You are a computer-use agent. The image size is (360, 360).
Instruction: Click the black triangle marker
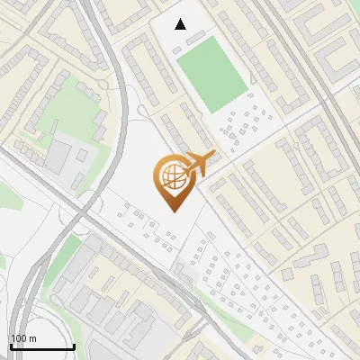tap(181, 24)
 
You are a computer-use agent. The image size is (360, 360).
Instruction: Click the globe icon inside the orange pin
tap(171, 181)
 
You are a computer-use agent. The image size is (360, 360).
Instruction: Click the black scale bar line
tap(41, 346)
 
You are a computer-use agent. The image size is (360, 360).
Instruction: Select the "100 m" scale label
tap(22, 338)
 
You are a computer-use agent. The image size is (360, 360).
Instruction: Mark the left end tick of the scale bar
tap(10, 345)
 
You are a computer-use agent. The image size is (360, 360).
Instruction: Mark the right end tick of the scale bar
tap(73, 345)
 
